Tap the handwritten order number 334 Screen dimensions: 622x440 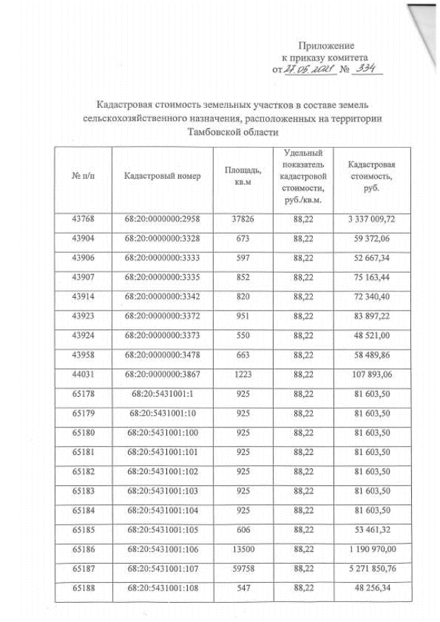click(364, 69)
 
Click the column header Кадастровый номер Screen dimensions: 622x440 click(162, 176)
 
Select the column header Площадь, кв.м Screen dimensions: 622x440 click(243, 176)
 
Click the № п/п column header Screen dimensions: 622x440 click(82, 176)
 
